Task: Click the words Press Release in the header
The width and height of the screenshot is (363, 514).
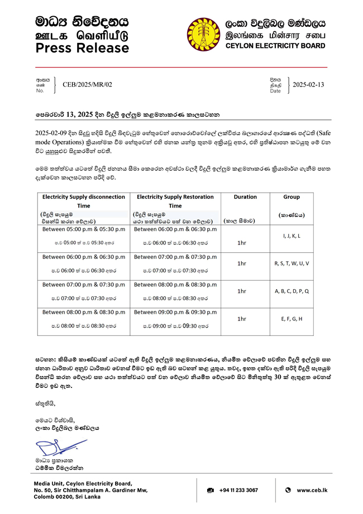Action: (82, 49)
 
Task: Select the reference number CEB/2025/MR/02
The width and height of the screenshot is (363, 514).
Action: (88, 84)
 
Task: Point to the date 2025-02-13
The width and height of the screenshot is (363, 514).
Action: (308, 84)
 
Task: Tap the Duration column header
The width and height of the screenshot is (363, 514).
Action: (245, 197)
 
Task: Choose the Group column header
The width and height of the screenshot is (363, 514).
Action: (291, 197)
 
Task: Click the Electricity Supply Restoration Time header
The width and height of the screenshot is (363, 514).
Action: (175, 201)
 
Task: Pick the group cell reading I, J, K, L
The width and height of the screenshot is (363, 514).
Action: (292, 236)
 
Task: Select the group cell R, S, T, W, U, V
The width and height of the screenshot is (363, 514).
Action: (292, 263)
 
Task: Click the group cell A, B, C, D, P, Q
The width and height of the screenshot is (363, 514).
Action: (292, 291)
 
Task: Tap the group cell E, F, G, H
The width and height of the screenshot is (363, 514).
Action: (292, 319)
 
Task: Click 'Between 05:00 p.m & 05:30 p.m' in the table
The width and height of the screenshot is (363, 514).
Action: (84, 229)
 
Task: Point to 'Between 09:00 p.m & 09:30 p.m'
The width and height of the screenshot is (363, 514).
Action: (175, 313)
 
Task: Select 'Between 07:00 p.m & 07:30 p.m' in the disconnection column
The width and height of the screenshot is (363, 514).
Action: (84, 285)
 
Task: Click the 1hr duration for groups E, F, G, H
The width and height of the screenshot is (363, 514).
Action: (242, 319)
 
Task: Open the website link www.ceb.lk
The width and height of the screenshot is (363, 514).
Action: (312, 490)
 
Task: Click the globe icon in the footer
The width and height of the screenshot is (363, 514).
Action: (288, 490)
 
